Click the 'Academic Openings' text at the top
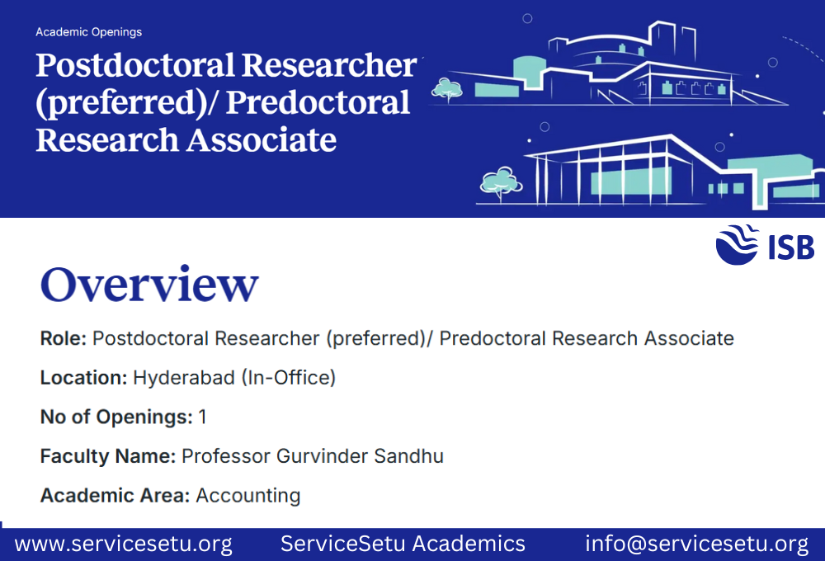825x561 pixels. pyautogui.click(x=88, y=32)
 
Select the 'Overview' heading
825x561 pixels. pyautogui.click(x=149, y=285)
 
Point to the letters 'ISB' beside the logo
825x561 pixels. pyautogui.click(x=790, y=247)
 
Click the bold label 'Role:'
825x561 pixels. pyautogui.click(x=64, y=338)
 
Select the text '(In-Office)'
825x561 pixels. pyautogui.click(x=288, y=378)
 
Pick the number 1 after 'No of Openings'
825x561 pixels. pyautogui.click(x=202, y=417)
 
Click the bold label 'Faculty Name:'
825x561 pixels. pyautogui.click(x=107, y=456)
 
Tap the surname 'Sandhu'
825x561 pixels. pyautogui.click(x=411, y=456)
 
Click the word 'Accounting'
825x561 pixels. pyautogui.click(x=247, y=496)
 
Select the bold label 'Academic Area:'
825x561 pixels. pyautogui.click(x=115, y=496)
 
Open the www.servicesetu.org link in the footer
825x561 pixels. pyautogui.click(x=123, y=544)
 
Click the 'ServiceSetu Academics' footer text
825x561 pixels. pyautogui.click(x=403, y=544)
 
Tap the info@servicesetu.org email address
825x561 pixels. pyautogui.click(x=696, y=544)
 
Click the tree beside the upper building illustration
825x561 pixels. pyautogui.click(x=446, y=87)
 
